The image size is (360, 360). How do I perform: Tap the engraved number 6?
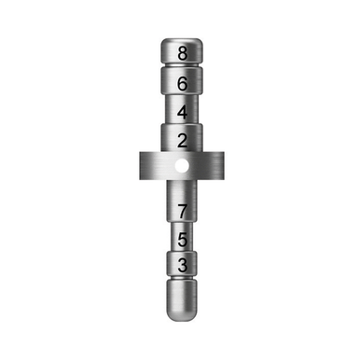point(181,83)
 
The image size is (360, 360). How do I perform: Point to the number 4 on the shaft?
point(181,112)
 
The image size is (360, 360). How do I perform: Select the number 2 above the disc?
point(181,141)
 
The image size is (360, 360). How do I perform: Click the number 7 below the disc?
point(182,211)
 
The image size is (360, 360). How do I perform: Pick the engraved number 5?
point(182,239)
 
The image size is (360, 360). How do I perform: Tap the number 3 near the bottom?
point(182,266)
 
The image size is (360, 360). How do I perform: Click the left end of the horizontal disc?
point(140,166)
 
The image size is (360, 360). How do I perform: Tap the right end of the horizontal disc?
point(222,166)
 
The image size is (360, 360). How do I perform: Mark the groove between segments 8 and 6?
point(181,67)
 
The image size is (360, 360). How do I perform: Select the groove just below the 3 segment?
point(181,282)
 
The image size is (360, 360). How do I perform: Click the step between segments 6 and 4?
point(181,95)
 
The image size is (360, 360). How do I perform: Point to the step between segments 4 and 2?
point(181,124)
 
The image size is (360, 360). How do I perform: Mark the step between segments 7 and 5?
point(182,225)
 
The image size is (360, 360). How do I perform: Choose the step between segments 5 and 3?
point(182,252)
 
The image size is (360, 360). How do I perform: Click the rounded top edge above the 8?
point(181,41)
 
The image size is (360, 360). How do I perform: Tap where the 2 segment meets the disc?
point(181,152)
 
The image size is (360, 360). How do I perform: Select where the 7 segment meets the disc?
point(182,183)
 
